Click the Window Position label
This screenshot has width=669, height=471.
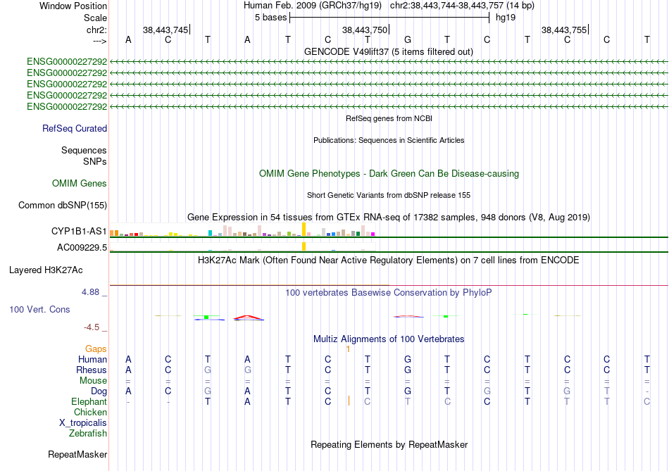[73, 6]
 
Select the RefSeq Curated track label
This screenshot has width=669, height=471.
[75, 128]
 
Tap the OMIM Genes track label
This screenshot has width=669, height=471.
[80, 184]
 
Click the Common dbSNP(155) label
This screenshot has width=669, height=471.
[63, 205]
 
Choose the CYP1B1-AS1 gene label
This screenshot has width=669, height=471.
[79, 231]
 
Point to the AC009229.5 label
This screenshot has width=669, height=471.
[82, 247]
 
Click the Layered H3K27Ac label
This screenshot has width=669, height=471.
[46, 270]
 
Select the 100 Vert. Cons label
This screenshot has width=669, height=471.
[39, 309]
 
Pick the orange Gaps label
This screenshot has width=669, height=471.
[96, 349]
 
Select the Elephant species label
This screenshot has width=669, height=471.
[89, 402]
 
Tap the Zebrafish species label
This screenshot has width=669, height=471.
[88, 434]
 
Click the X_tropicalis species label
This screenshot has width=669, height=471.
[83, 423]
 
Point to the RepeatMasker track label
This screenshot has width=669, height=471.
[77, 455]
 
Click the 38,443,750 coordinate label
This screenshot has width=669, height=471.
[365, 30]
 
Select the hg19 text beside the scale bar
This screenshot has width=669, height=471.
[506, 18]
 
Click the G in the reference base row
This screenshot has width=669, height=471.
[408, 39]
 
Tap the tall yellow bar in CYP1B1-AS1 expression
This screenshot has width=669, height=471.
[304, 230]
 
